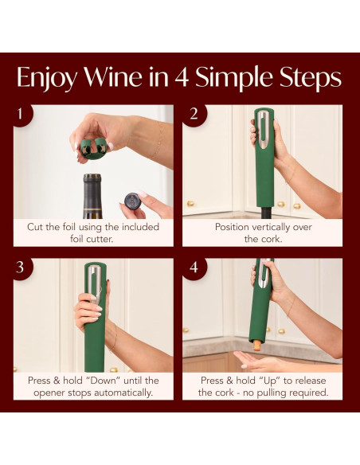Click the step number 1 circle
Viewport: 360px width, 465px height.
pos(22,114)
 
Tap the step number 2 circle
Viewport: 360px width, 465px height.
pos(193,114)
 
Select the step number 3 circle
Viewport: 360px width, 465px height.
pos(22,267)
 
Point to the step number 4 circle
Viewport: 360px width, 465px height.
pos(193,267)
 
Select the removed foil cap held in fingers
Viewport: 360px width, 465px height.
pos(131,200)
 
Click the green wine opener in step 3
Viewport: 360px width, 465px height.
pos(95,318)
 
